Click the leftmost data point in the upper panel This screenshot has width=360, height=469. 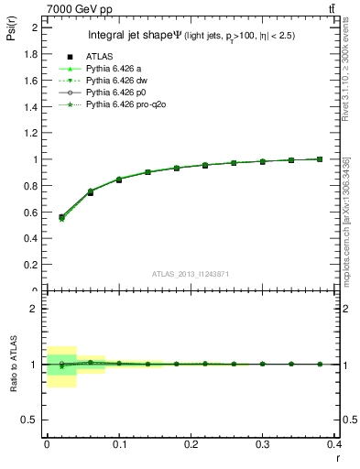click(x=61, y=218)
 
